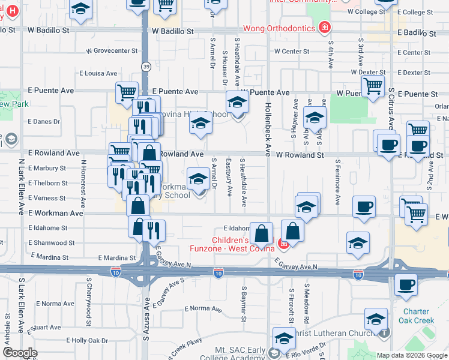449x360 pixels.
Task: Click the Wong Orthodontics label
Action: click(x=280, y=28)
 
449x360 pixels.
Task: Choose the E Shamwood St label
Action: click(x=52, y=243)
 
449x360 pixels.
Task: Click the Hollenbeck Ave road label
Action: click(x=268, y=124)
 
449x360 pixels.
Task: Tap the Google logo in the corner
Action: click(x=20, y=353)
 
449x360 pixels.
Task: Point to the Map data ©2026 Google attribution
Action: click(x=411, y=355)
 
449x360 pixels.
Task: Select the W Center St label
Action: click(x=292, y=52)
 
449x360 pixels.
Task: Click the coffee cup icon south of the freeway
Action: click(x=406, y=285)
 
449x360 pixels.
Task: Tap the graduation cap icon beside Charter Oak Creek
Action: click(x=376, y=320)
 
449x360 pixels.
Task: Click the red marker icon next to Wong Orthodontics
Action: click(x=325, y=27)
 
